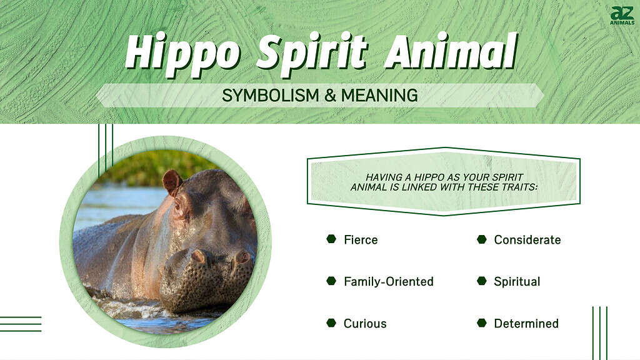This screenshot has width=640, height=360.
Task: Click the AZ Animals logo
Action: click(x=622, y=16)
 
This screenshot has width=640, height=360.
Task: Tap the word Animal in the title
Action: click(x=451, y=51)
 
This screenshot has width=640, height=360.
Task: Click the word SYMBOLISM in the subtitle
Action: click(x=270, y=96)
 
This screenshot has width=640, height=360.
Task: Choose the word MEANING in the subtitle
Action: click(x=379, y=96)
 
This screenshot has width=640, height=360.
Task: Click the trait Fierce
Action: click(x=361, y=239)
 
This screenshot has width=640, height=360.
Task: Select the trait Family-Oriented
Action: click(x=389, y=282)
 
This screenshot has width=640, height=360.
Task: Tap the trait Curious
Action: click(x=365, y=324)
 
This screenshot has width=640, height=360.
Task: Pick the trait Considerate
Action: click(x=527, y=239)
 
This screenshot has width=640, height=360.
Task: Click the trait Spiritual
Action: click(x=517, y=282)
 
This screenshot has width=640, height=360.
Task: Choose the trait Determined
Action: click(x=526, y=324)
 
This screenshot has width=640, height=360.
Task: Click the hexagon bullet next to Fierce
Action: click(x=331, y=239)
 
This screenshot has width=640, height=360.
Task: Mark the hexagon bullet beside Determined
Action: click(x=482, y=323)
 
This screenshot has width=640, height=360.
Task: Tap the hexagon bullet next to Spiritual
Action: click(x=482, y=281)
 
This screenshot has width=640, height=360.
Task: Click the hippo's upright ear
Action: click(x=172, y=182)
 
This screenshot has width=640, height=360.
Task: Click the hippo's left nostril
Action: click(x=199, y=256)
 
